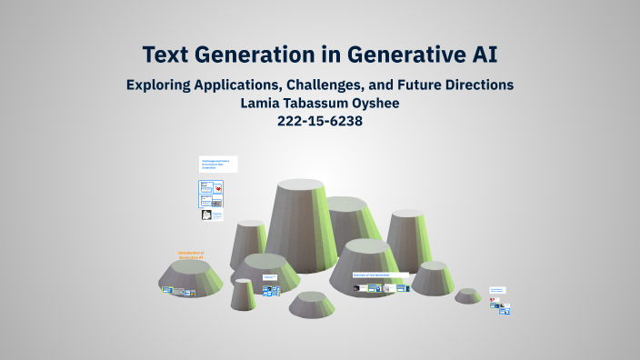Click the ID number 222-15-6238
(x=319, y=121)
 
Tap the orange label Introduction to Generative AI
(x=191, y=255)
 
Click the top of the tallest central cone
(x=301, y=185)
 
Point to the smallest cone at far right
(x=468, y=295)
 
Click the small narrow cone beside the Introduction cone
(x=243, y=294)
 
